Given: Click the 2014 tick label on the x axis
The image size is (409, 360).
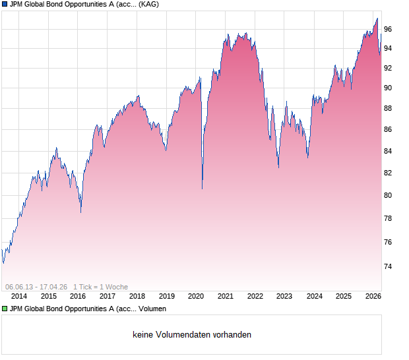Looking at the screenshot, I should pos(19,296).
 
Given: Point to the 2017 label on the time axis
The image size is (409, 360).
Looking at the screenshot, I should pos(107,296).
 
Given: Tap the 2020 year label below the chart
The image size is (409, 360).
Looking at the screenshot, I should pos(196,296).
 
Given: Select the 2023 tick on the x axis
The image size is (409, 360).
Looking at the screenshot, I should pos(284,296).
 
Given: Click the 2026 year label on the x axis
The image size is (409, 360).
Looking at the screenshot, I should pos(373,296).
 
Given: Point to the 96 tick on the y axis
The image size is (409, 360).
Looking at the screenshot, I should pos(389,29).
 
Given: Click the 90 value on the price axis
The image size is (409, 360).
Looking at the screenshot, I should pos(389,88).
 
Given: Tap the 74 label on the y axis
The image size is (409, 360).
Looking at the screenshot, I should pos(389,267).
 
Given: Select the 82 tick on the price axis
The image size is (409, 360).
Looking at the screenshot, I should pos(389,173).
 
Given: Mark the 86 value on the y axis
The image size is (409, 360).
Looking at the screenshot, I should pos(389,130).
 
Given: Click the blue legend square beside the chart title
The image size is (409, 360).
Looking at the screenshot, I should pos(5,5).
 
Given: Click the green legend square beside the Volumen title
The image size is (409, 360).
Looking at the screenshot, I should pos(5,309).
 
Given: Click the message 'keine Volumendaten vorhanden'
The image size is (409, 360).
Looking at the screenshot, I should pos(192,335).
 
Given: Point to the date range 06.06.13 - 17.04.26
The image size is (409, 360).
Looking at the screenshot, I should pos(36,287).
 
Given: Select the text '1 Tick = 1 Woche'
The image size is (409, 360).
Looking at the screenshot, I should pos(100,287).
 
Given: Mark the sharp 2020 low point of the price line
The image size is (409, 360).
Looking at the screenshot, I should pos(202,189).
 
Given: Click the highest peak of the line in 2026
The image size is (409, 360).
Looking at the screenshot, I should pos(377,18).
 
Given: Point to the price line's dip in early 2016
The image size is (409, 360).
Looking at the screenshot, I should pos(81,212).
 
